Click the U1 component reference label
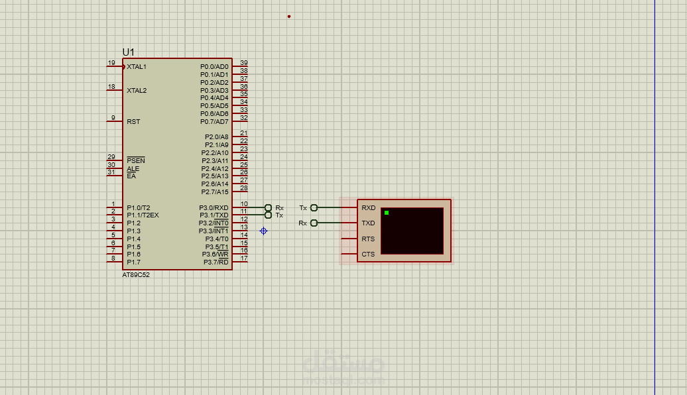[128, 52]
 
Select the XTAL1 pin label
[137, 67]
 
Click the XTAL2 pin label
[137, 90]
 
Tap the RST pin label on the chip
[133, 122]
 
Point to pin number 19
[111, 63]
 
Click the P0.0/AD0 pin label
[214, 67]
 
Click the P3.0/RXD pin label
[214, 208]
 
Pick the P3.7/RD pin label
[216, 262]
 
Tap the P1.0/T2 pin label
[139, 207]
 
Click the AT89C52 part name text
[136, 275]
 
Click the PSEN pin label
[135, 161]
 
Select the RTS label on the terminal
[368, 239]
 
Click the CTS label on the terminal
[368, 254]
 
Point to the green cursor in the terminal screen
[387, 213]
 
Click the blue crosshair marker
[263, 231]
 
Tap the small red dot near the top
[289, 17]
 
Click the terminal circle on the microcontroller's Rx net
[268, 207]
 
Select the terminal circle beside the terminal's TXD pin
[314, 223]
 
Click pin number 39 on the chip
[244, 63]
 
